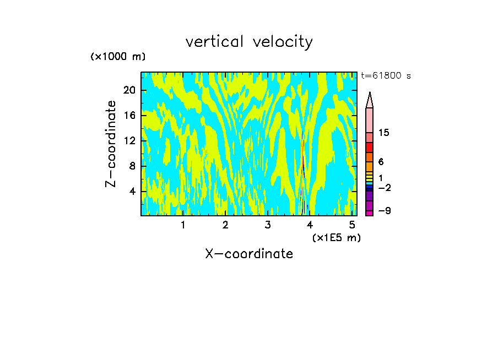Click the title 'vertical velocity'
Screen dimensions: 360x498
click(x=249, y=42)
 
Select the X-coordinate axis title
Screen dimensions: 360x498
click(x=249, y=254)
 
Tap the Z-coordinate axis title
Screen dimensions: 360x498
click(x=111, y=144)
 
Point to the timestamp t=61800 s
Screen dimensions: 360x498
click(x=386, y=76)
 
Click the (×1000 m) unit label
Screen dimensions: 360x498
click(x=118, y=57)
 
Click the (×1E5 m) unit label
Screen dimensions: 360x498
click(x=336, y=237)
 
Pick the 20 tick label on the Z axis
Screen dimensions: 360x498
click(x=129, y=91)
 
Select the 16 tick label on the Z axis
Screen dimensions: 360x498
click(x=129, y=116)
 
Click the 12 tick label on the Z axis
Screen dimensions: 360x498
click(x=129, y=141)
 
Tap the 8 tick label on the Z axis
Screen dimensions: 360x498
click(x=132, y=166)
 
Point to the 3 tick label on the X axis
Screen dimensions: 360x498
click(x=268, y=225)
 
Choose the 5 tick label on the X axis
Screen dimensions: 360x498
click(x=352, y=225)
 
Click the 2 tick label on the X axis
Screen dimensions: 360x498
click(x=225, y=225)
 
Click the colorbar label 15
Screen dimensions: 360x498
click(x=385, y=133)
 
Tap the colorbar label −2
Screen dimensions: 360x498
click(x=385, y=188)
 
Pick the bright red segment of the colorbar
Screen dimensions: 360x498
click(x=370, y=148)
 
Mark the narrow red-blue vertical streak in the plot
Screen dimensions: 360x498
click(x=302, y=165)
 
